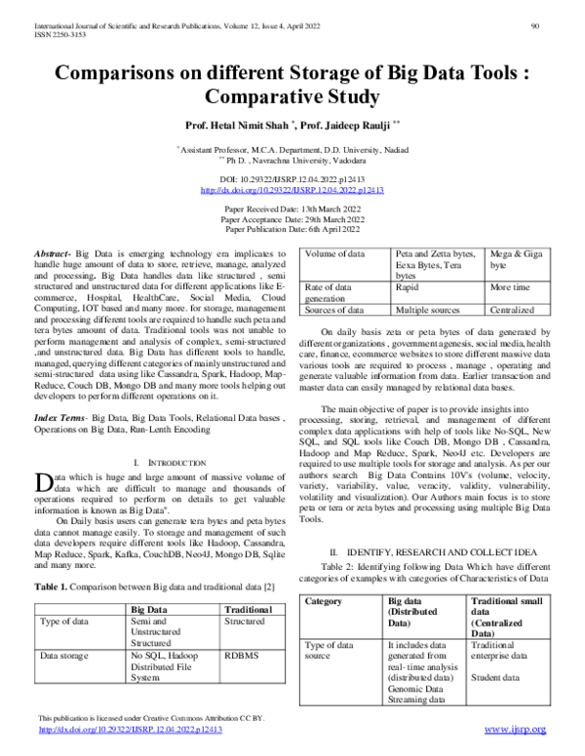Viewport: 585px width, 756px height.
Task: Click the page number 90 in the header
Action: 535,25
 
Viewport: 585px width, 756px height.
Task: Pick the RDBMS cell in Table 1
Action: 241,657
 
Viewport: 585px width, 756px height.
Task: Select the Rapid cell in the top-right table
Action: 407,288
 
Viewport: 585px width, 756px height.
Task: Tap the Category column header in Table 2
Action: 324,601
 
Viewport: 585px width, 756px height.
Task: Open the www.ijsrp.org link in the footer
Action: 516,729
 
